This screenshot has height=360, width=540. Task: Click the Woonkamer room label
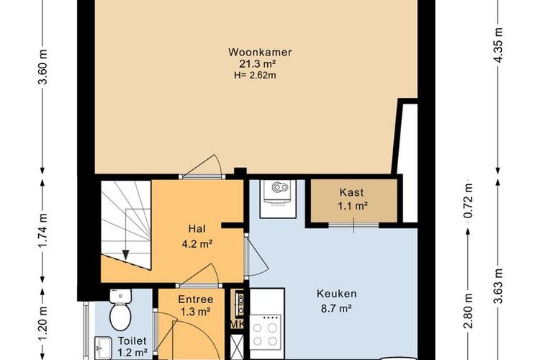260,53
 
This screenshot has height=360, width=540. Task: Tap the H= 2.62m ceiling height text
255,75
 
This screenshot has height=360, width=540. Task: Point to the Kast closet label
351,192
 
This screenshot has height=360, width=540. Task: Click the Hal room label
197,229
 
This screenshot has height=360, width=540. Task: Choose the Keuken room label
336,294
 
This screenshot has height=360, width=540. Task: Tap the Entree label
196,300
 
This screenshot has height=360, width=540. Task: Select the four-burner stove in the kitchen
265,330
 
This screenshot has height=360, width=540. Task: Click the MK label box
238,325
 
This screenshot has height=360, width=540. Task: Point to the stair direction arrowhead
126,255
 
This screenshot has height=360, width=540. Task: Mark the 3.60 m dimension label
42,67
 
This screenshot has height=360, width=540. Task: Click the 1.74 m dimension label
42,230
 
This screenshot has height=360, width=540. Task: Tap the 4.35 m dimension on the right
498,44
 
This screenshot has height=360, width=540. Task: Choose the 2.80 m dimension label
468,311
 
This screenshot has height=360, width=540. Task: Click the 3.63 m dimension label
498,286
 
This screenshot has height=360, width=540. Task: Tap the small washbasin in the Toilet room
103,348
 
